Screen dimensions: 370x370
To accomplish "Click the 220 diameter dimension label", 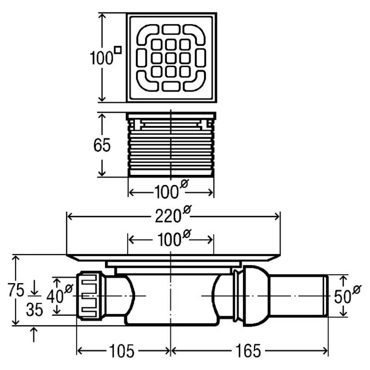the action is (173, 215).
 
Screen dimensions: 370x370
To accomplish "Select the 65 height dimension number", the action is (102, 145).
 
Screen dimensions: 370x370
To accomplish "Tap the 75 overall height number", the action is (16, 290).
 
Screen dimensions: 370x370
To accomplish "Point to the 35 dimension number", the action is (34, 309).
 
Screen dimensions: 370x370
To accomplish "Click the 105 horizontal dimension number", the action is (122, 351).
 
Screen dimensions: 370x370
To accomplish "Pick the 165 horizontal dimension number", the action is (248, 351).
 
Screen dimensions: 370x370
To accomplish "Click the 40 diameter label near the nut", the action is (60, 294).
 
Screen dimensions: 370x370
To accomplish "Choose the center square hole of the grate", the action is (171, 58).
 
